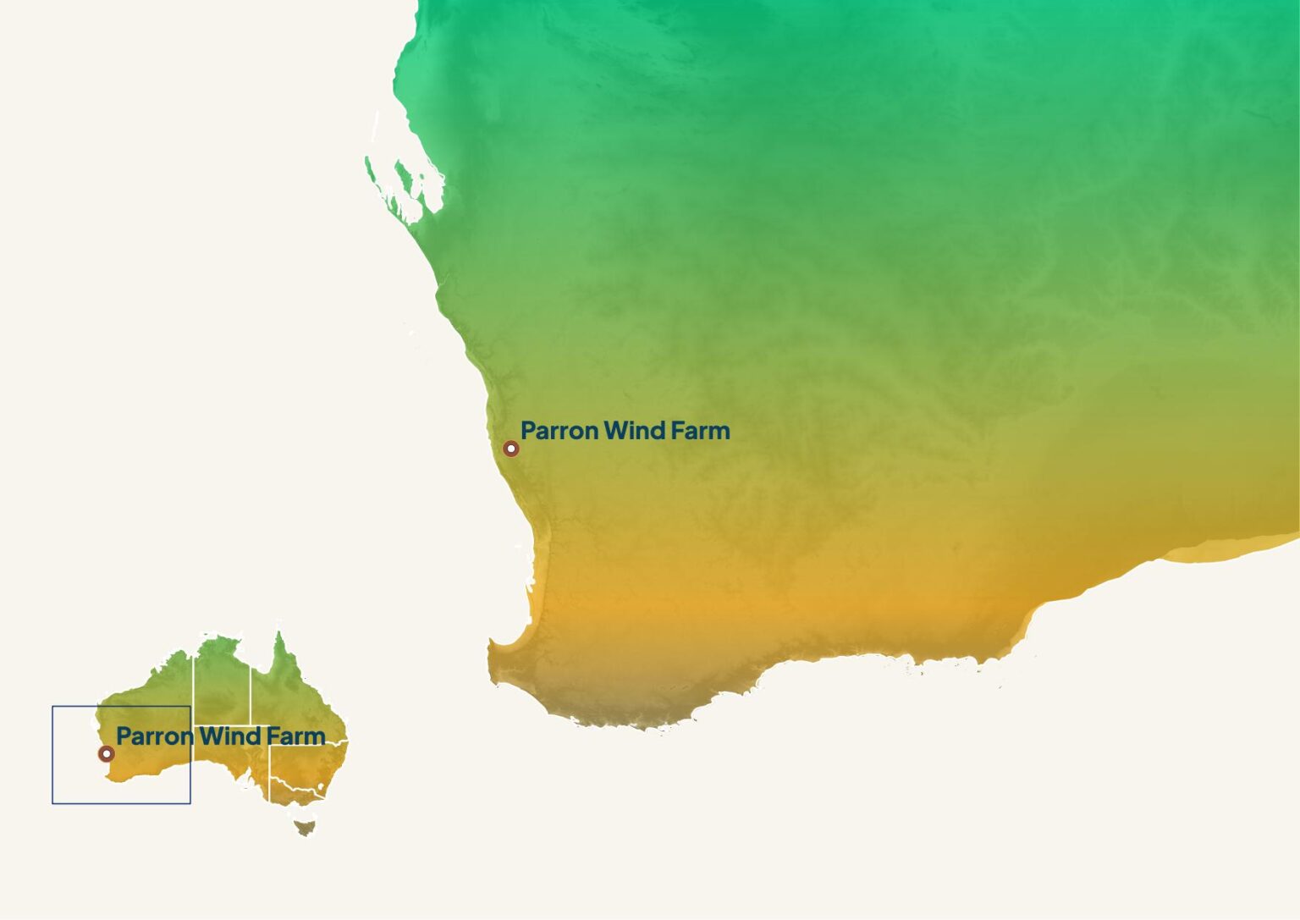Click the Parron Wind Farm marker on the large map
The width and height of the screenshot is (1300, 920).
510,449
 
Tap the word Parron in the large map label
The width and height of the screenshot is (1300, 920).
559,431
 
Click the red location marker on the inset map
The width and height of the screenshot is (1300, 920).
106,753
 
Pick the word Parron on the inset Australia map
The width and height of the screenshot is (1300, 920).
155,736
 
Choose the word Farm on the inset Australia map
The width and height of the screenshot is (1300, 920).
295,736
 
